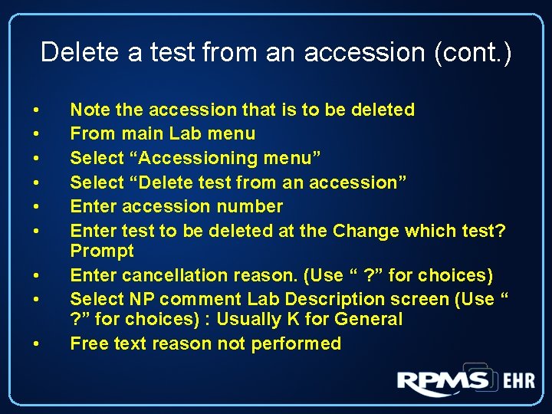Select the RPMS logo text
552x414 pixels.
443,381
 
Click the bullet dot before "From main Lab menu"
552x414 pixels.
35,134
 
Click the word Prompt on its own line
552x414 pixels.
102,251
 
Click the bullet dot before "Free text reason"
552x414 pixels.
35,344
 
